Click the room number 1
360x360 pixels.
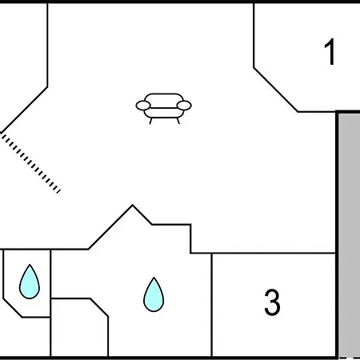[330, 52]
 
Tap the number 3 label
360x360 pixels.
[272, 302]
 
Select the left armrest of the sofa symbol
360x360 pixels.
[143, 106]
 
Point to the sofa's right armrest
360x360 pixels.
[184, 106]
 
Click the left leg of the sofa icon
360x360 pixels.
[150, 121]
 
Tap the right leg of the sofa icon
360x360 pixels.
[178, 121]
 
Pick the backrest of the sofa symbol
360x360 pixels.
[164, 100]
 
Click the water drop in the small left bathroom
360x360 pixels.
[30, 282]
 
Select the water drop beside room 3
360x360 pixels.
[154, 294]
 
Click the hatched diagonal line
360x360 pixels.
[30, 163]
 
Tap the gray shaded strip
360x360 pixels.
[350, 234]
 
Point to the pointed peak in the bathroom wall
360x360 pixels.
[133, 205]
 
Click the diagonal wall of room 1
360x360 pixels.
[276, 90]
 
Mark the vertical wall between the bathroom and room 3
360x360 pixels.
[212, 305]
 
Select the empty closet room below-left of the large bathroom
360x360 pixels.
[79, 327]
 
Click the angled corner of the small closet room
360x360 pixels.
[99, 307]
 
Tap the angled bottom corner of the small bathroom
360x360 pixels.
[13, 308]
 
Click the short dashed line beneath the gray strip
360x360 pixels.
[350, 358]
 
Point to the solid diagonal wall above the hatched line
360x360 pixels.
[24, 110]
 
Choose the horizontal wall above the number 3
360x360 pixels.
[263, 253]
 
